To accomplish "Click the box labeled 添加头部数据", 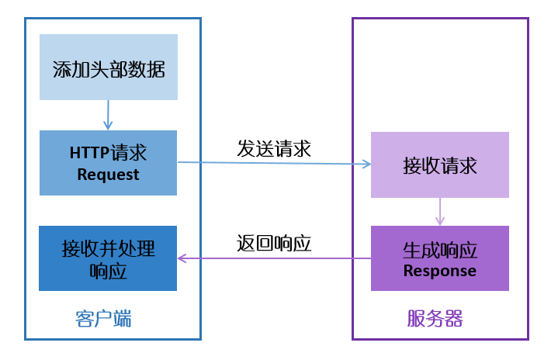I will coord(108,67).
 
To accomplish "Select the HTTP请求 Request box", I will coord(108,163).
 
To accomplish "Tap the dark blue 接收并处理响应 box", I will coord(108,258).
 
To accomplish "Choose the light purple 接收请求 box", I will coord(439,164).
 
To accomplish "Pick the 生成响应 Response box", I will coord(439,258).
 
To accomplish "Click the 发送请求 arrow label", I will coord(274,148).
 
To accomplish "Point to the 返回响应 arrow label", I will coord(274,243).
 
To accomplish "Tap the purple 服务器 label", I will coord(435,318).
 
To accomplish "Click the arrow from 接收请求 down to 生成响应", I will coord(440,211).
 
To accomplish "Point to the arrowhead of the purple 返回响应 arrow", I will coord(183,258).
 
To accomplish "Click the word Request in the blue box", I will coord(108,175).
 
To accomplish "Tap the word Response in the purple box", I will coord(439,271).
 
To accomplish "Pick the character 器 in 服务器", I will coord(453,318).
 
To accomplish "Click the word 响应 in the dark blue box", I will coord(108,271).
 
